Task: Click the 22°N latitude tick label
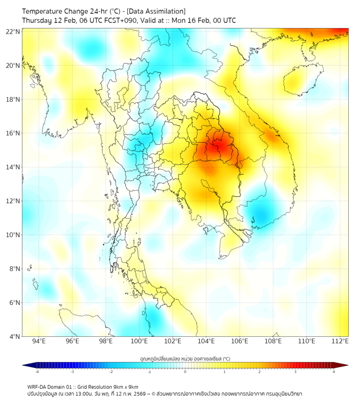coord(13,31)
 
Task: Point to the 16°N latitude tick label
coord(13,133)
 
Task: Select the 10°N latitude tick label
coord(13,235)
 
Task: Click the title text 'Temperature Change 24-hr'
coord(64,11)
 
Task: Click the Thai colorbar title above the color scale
coord(185,359)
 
